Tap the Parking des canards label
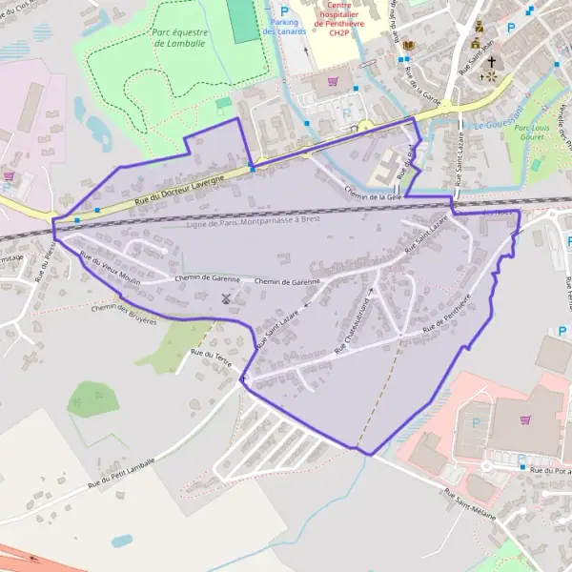tap(285, 26)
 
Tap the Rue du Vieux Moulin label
tap(111, 270)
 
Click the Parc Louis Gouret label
tap(537, 132)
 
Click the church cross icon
tap(492, 63)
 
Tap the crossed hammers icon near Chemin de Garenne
tap(226, 298)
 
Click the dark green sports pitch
tap(244, 20)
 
